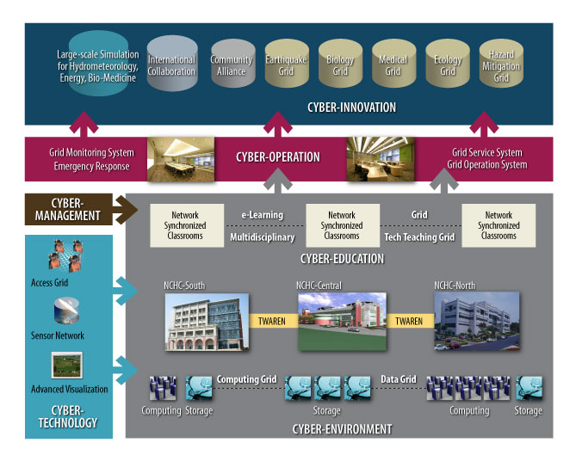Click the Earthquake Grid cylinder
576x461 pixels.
pos(287,64)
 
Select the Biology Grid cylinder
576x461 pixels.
pos(340,64)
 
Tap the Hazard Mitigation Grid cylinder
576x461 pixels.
pos(501,64)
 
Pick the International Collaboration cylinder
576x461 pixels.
pos(171,64)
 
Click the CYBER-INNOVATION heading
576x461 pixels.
pos(351,108)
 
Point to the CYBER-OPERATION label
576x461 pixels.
pos(277,157)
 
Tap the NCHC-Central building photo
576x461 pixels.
pos(341,321)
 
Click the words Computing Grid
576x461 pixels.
pos(246,379)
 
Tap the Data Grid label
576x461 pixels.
pos(398,379)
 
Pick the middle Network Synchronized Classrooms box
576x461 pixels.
pos(342,225)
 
